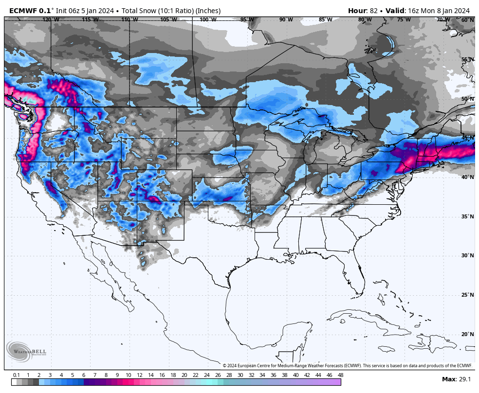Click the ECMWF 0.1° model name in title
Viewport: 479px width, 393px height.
click(x=30, y=11)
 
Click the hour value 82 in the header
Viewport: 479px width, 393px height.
click(x=374, y=11)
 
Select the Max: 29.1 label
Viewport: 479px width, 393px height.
click(x=456, y=379)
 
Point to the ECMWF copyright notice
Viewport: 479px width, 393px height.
click(x=348, y=366)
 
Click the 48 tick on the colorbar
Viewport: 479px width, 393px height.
click(x=340, y=375)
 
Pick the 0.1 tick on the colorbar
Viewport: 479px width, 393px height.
click(x=16, y=375)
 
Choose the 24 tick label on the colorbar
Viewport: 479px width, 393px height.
click(x=206, y=375)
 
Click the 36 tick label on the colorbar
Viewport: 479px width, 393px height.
click(x=273, y=375)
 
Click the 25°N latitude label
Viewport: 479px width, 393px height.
click(x=467, y=295)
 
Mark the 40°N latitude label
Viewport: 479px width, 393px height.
click(x=467, y=177)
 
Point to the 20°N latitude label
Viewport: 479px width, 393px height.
click(x=467, y=334)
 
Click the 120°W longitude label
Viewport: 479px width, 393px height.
click(x=51, y=20)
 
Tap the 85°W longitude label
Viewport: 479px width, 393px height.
click(x=325, y=20)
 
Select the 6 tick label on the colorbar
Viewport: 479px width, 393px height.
click(x=83, y=375)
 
